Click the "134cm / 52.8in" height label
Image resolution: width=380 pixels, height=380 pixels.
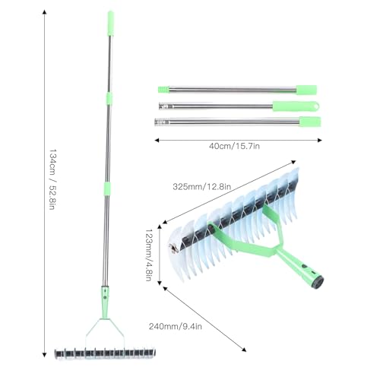tap(52, 180)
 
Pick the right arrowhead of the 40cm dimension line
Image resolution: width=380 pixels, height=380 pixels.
tap(322, 138)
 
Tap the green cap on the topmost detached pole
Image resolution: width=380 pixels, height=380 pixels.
tap(306, 89)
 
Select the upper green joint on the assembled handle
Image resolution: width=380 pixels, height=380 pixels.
tap(110, 99)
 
